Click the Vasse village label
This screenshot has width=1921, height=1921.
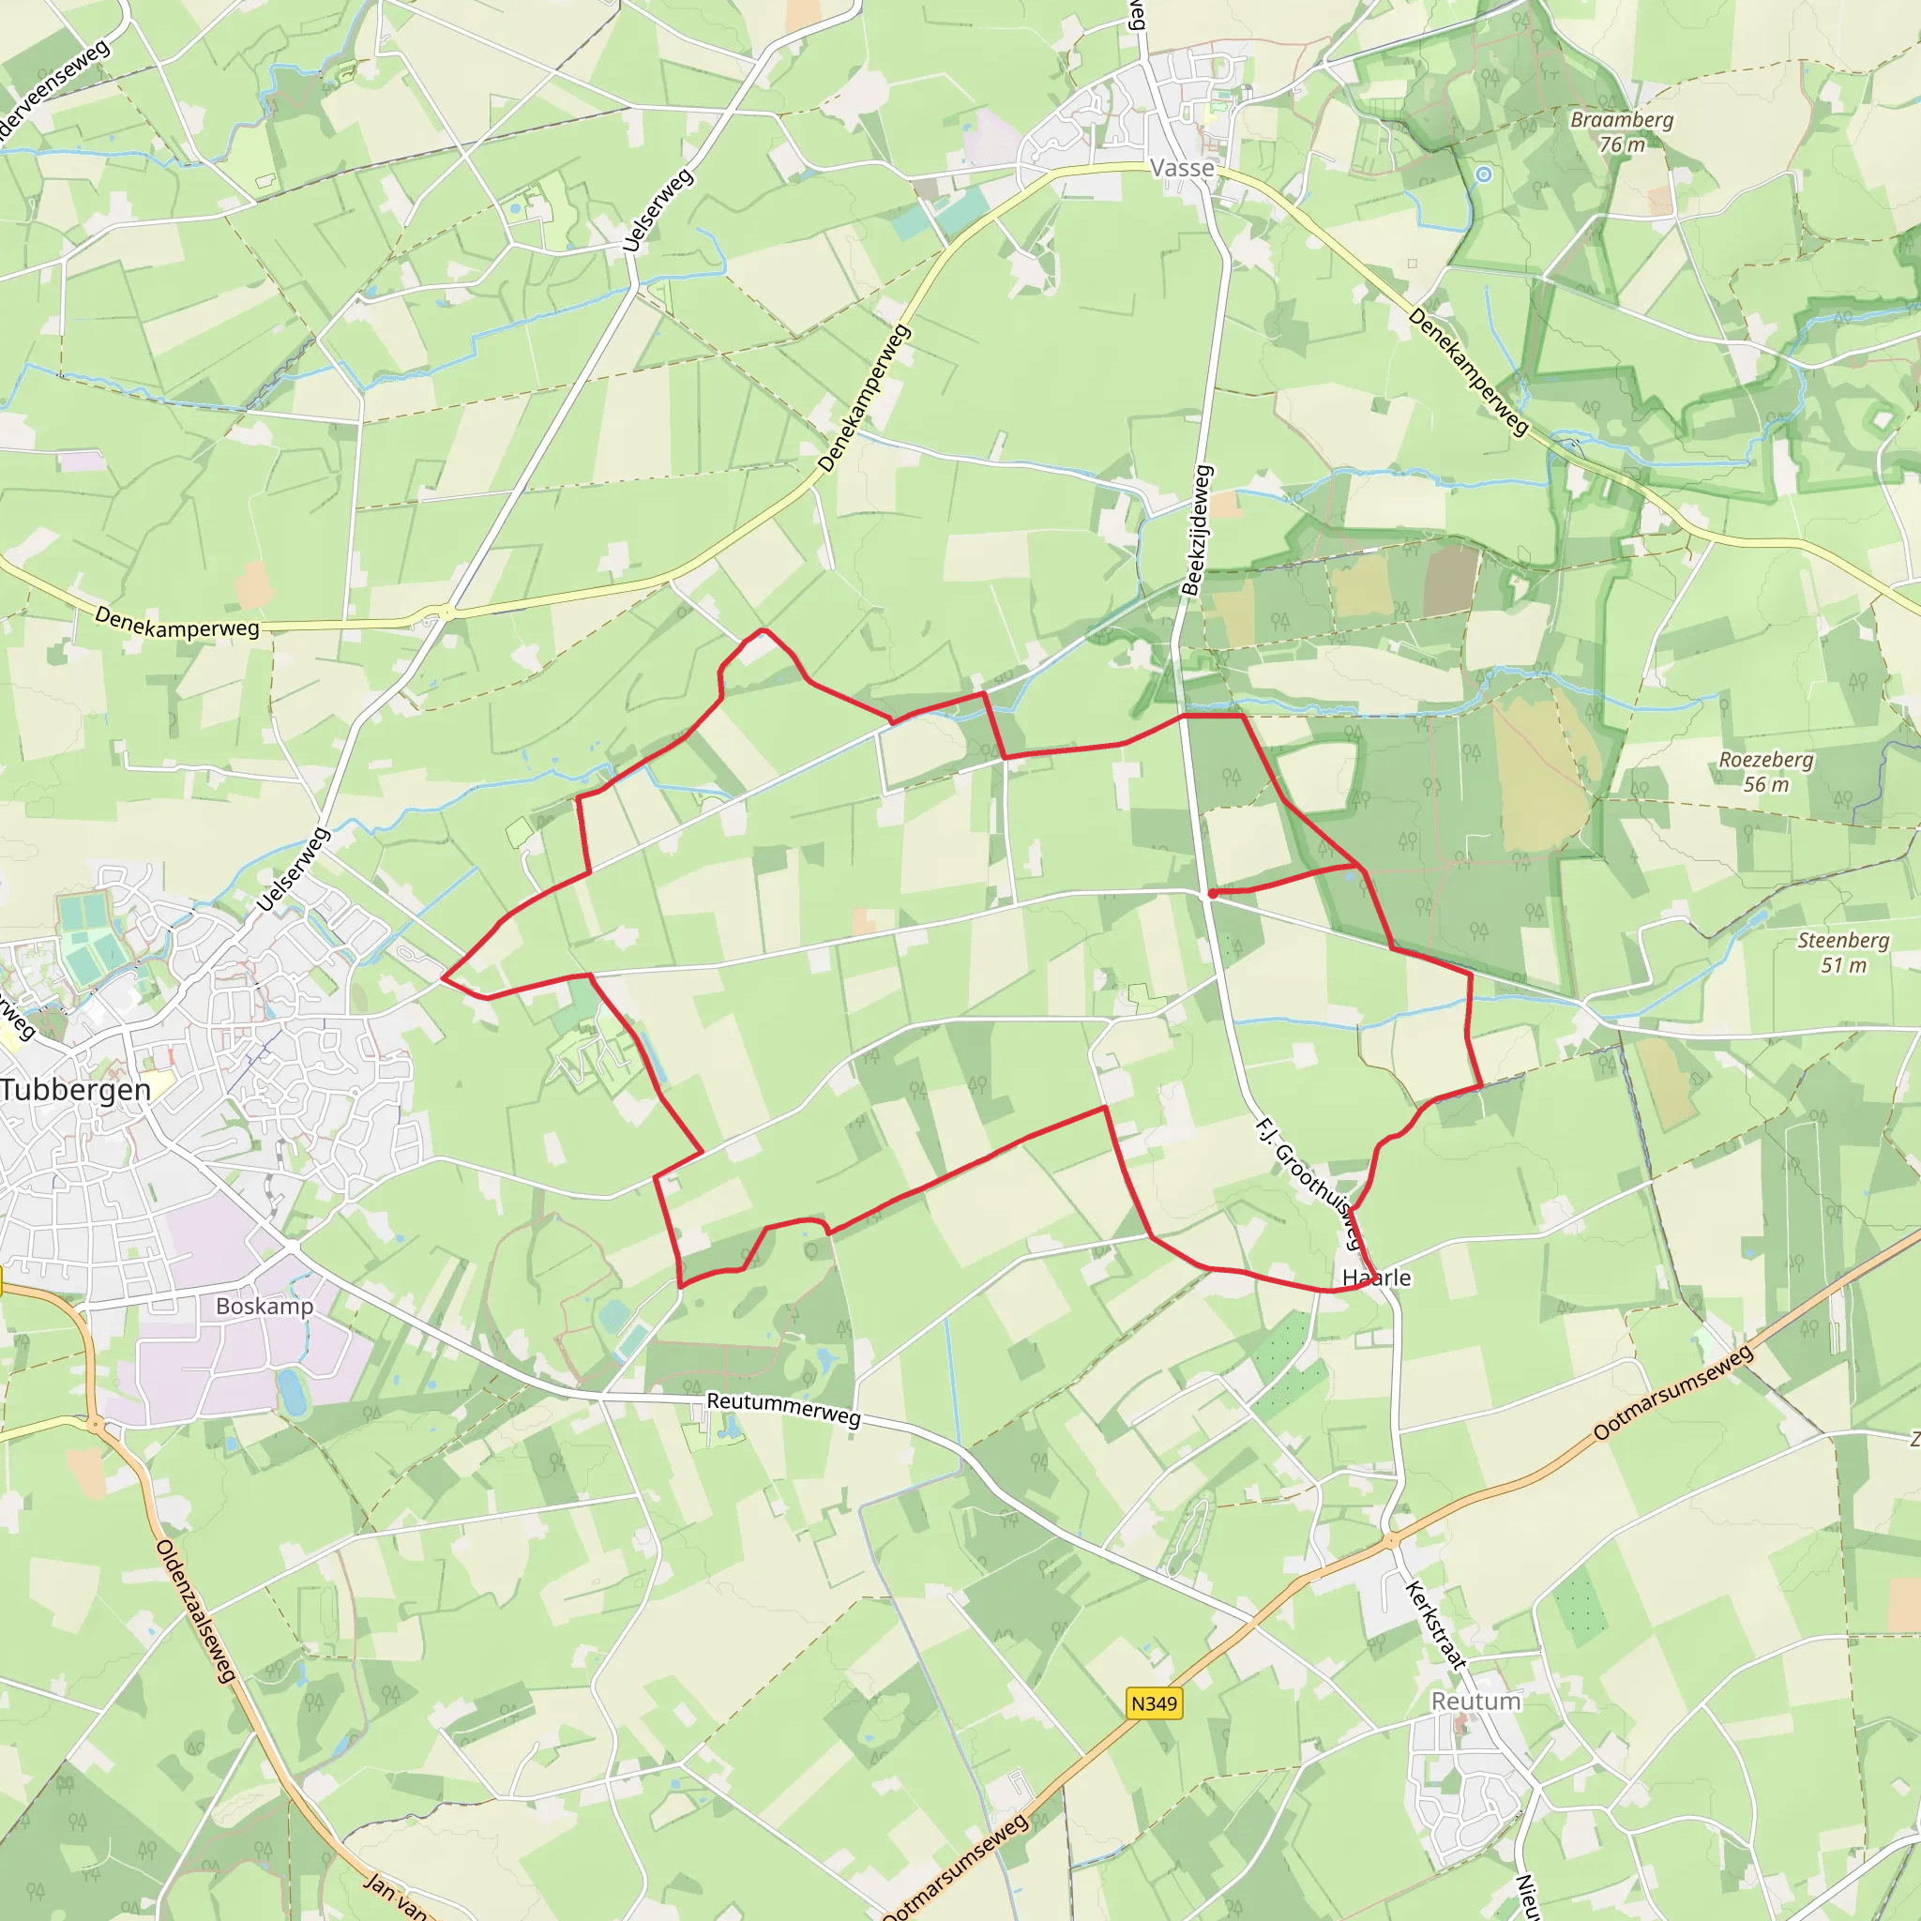pos(1182,168)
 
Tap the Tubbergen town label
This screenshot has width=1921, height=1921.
pos(76,1090)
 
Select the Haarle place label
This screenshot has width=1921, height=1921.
pos(1376,1278)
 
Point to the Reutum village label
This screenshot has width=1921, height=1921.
pos(1475,1702)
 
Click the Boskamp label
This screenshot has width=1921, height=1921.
pos(265,1307)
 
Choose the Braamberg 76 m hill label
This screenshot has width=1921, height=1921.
pos(1622,131)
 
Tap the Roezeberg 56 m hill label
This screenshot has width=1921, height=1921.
pos(1766,772)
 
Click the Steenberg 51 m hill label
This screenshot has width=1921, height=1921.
pos(1843,951)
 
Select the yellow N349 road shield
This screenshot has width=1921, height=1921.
pos(1155,1703)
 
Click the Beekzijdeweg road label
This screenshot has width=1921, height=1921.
pos(1196,530)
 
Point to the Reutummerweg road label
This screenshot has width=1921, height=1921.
pos(783,1409)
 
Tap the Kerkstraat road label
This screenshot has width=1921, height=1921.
pos(1436,1625)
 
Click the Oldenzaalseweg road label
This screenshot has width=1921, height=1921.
pos(197,1611)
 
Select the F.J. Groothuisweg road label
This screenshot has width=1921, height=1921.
pos(1308,1183)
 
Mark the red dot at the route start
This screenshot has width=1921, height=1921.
pos(1212,894)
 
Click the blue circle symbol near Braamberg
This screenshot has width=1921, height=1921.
pos(1484,174)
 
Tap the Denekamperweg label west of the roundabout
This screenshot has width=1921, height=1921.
pos(177,622)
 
